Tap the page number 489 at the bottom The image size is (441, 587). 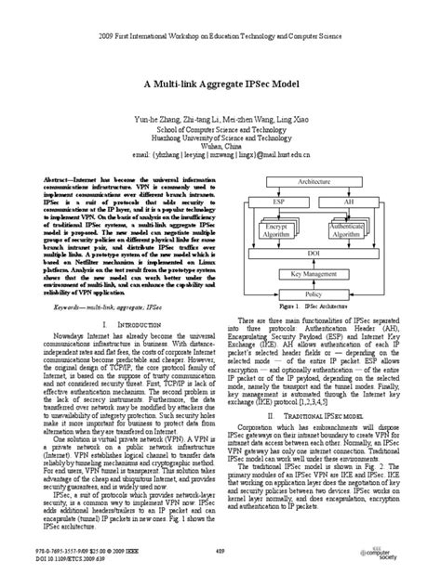point(220,552)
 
